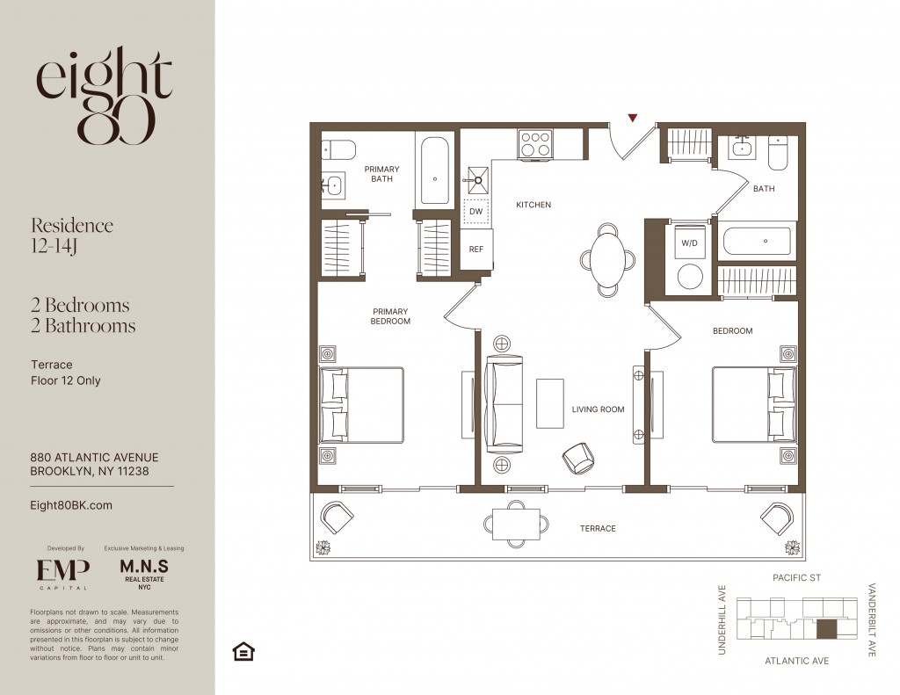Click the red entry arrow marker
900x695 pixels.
[633, 119]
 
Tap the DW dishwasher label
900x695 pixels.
[475, 211]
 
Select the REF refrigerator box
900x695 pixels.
[475, 249]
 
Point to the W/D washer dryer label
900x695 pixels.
[689, 243]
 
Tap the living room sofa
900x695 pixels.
[504, 404]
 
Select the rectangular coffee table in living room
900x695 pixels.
[550, 403]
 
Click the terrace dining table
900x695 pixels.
[516, 524]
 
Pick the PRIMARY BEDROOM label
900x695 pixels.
[390, 316]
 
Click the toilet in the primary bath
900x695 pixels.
[337, 149]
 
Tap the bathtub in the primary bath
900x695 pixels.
[434, 170]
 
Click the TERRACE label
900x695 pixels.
[598, 529]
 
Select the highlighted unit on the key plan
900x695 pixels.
[826, 629]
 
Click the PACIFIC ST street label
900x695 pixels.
[796, 577]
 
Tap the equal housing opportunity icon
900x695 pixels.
[243, 651]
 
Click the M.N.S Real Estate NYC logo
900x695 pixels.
[144, 574]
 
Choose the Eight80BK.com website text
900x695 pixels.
[71, 505]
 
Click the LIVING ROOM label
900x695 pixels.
[598, 409]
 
